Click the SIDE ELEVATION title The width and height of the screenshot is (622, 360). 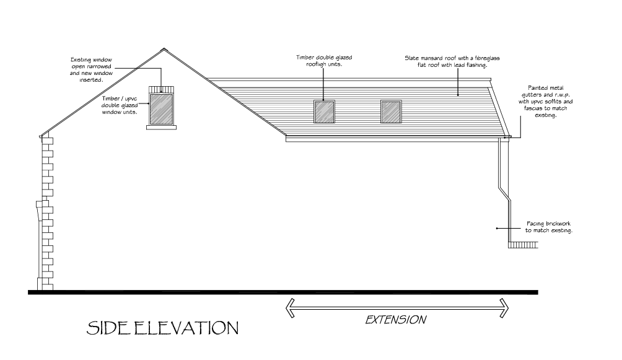162,328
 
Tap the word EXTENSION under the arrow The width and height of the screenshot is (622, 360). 395,320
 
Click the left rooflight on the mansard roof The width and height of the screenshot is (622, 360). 325,112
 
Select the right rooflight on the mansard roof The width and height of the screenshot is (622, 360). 390,112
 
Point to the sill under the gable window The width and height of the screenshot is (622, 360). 161,126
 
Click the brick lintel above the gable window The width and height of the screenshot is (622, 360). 161,89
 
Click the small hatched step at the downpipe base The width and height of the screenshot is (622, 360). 521,245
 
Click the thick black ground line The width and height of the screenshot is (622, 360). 283,292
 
